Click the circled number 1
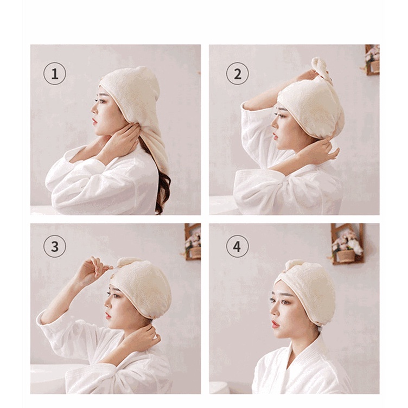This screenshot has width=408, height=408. tap(55, 74)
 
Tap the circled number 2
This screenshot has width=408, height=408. tap(237, 74)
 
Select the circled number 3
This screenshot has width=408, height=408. tap(55, 246)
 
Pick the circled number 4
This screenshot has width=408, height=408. tap(237, 246)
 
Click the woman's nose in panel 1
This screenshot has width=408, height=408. tap(94, 109)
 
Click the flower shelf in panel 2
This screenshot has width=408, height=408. tap(372, 60)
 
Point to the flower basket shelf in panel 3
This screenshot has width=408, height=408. tap(193, 242)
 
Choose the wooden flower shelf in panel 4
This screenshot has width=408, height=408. tap(347, 244)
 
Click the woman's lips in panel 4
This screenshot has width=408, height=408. tap(275, 324)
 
